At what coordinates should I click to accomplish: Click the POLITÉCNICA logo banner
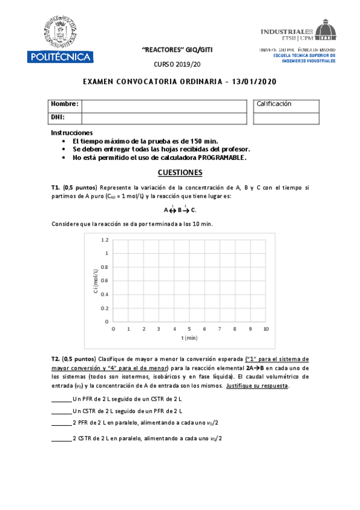coord(59,57)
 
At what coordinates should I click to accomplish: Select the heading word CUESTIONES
coord(180,173)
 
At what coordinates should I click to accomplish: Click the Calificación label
coord(273,104)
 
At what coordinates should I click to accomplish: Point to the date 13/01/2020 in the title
coord(253,82)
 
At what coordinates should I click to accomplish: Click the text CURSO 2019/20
coord(180,64)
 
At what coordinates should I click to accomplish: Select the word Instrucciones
coord(72,132)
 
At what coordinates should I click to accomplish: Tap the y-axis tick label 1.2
coord(105,240)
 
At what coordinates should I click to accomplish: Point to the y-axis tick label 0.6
coord(105,281)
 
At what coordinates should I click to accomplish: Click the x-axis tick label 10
coord(265,330)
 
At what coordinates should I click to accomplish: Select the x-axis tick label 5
coord(189,330)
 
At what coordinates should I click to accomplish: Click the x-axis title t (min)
coord(189,339)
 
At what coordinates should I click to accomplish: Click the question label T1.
coord(55,188)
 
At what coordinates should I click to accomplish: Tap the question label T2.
coord(55,358)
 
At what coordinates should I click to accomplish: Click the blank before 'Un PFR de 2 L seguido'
coord(61,399)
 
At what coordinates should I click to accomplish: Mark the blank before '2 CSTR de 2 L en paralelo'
coord(61,438)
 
